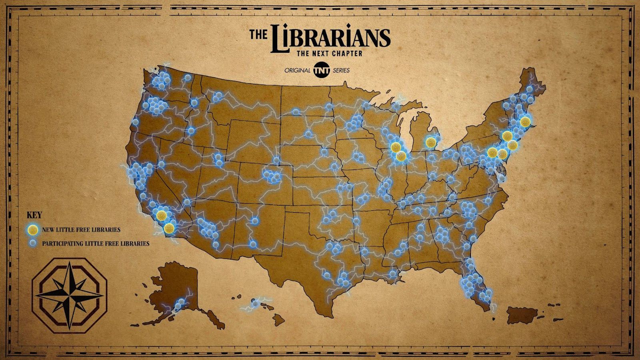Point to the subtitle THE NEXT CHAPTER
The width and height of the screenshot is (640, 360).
[329, 53]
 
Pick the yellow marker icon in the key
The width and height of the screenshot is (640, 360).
[33, 230]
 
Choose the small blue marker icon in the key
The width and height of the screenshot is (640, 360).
[33, 243]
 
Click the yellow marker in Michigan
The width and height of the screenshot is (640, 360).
[430, 142]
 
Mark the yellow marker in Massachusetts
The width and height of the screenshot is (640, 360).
[526, 121]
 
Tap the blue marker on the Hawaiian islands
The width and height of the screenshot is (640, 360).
[253, 305]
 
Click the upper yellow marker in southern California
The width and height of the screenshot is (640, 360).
[161, 215]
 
